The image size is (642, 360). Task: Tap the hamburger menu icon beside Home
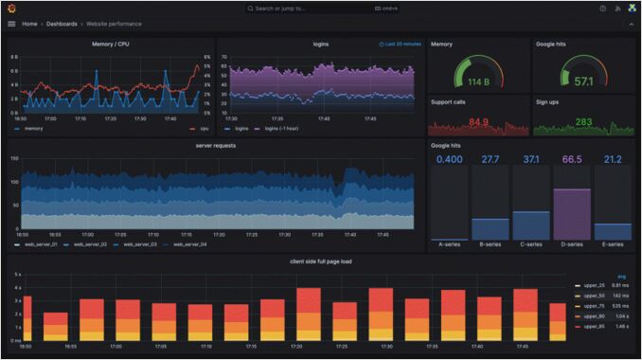tap(11, 24)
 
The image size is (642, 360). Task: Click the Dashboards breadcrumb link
tap(62, 24)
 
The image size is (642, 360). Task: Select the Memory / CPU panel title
tap(111, 44)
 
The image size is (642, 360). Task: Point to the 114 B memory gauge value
tap(477, 81)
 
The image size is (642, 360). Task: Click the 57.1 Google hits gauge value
tap(583, 81)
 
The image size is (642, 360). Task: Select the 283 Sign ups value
tap(583, 122)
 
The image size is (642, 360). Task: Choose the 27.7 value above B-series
tap(490, 159)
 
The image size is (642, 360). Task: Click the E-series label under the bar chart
tap(613, 244)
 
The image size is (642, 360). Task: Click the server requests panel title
tap(215, 146)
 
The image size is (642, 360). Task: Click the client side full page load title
tap(322, 261)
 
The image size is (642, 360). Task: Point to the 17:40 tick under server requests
tap(349, 235)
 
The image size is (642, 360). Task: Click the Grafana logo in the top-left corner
tap(11, 9)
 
